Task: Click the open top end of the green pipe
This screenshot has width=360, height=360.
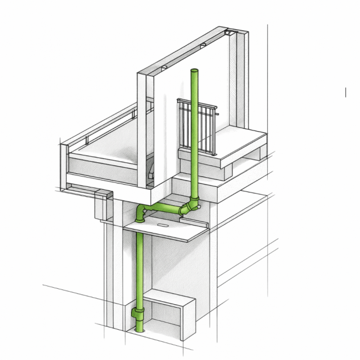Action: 195,71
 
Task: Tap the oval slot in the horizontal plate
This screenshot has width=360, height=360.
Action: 162,227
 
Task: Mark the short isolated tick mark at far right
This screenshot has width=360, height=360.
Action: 345,92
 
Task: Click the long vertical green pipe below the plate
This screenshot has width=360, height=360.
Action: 140,268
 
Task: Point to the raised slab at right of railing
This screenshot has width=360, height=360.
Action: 239,142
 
